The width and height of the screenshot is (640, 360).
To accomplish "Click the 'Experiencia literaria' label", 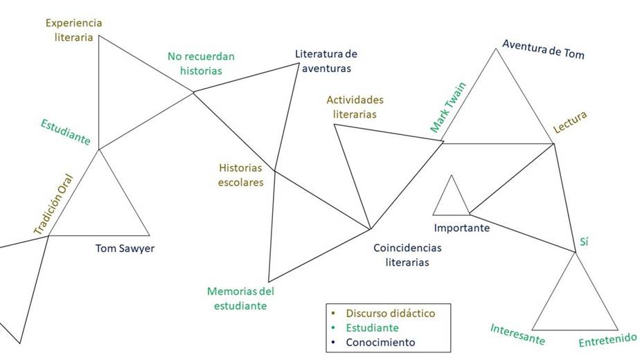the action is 73,30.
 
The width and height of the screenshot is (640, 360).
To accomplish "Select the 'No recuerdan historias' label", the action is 201,63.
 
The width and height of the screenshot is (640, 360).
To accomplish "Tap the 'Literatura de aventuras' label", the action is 326,61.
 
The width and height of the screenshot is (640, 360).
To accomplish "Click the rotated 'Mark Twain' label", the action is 447,107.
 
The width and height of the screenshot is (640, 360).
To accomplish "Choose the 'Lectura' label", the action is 570,123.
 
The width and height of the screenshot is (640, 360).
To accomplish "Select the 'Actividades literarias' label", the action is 355,107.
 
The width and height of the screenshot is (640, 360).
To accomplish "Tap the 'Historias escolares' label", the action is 241,175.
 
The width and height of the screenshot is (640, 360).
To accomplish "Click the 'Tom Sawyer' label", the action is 125,249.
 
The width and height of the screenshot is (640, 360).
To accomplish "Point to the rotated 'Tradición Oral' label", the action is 53,202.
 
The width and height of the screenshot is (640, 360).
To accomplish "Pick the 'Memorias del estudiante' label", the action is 240,298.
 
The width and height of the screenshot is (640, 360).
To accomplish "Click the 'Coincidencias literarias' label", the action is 407,255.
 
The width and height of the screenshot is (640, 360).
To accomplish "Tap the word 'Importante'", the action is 461,228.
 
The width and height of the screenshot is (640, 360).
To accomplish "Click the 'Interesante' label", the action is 517,334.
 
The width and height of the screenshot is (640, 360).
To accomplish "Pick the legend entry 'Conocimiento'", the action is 382,342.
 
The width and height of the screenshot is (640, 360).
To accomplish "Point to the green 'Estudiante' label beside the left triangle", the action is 65,132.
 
